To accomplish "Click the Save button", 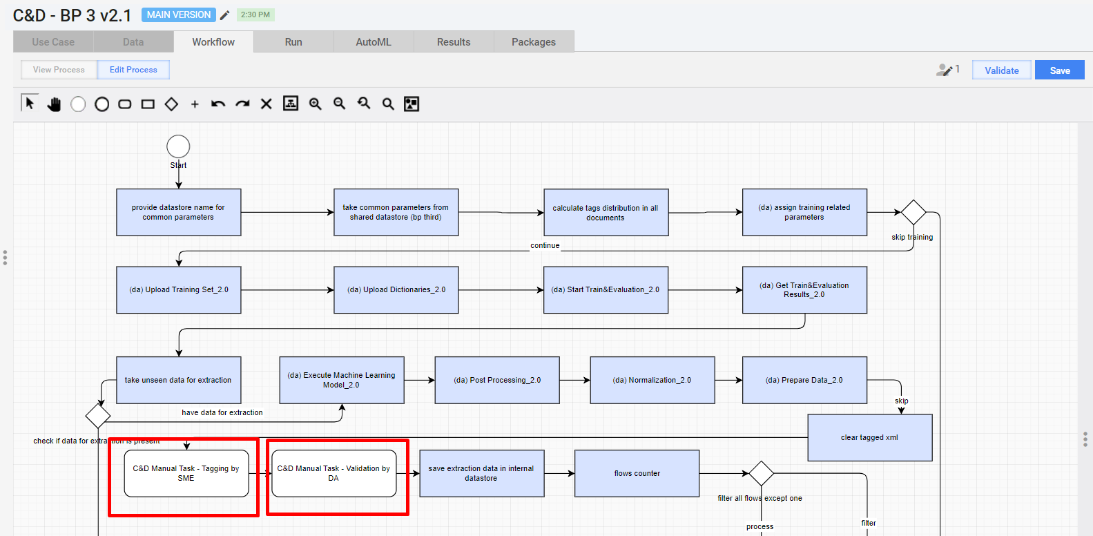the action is click(1059, 70).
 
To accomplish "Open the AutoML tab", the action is click(374, 42).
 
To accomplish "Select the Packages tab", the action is click(533, 42).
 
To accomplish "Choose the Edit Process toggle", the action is click(133, 70).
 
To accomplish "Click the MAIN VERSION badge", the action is click(179, 15).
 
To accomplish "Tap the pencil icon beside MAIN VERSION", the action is click(224, 15).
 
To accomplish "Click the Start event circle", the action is click(178, 146).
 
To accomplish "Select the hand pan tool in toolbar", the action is click(54, 104).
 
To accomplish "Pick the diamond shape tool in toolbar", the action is click(171, 104).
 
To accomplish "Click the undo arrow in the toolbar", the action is click(218, 104).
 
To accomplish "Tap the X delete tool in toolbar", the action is click(266, 104).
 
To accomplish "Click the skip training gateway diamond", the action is click(913, 212).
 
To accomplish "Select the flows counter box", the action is click(637, 474).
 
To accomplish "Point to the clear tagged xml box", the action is click(870, 437).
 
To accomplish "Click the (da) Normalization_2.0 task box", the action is click(652, 381).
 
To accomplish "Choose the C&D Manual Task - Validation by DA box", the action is click(333, 474).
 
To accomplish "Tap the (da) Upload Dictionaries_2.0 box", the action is click(396, 290).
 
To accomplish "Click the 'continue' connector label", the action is click(545, 245).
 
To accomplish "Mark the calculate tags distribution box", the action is click(606, 213).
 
